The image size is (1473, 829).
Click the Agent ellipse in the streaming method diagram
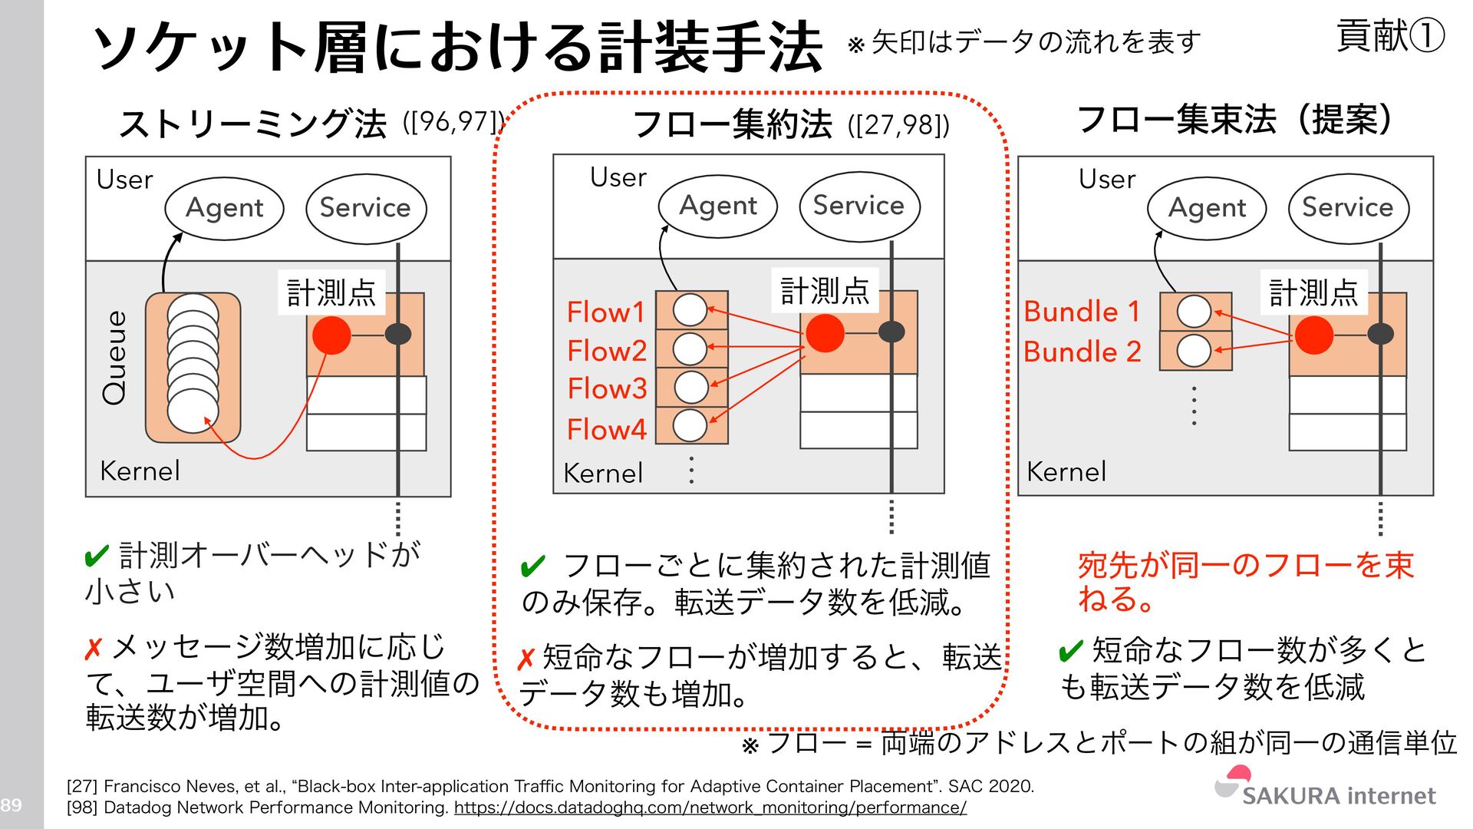[224, 208]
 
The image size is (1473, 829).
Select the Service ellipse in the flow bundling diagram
[1348, 207]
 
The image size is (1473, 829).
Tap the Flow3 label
[607, 388]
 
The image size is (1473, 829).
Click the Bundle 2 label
[1082, 352]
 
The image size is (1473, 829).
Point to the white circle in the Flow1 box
[690, 310]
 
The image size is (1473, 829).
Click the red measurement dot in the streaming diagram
[331, 335]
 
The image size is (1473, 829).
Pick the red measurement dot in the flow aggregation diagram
[825, 333]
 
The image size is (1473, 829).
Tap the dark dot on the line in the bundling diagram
[1380, 334]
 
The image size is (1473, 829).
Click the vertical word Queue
[115, 358]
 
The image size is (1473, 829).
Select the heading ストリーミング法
[253, 123]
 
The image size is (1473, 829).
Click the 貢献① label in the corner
[1390, 36]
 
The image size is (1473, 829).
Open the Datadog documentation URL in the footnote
[710, 808]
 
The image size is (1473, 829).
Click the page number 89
[11, 805]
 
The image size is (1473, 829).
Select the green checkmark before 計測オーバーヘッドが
[97, 556]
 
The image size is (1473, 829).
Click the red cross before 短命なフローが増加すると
[526, 659]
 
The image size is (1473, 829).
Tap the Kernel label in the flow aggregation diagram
[603, 473]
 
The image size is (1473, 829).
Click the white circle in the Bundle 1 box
[1194, 312]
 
